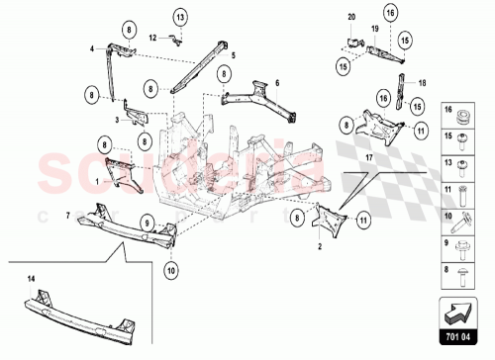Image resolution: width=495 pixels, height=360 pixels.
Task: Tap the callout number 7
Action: coord(67,215)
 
